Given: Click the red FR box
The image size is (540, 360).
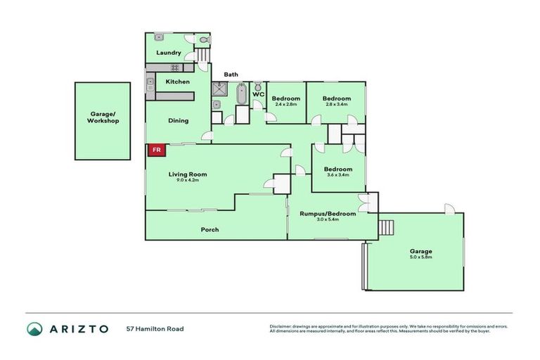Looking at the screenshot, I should pyautogui.click(x=156, y=150).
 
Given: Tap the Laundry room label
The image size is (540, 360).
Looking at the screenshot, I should pyautogui.click(x=169, y=53).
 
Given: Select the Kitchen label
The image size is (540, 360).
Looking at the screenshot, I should pyautogui.click(x=177, y=82).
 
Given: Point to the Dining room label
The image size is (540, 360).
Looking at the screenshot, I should pyautogui.click(x=178, y=120).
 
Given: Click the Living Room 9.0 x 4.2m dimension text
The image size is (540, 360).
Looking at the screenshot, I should pyautogui.click(x=187, y=180).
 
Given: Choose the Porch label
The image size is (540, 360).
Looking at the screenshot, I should pyautogui.click(x=210, y=229).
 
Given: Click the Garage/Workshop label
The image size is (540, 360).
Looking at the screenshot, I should pyautogui.click(x=103, y=117).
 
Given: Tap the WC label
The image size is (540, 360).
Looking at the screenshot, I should pyautogui.click(x=258, y=94).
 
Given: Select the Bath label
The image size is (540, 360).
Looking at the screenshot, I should pyautogui.click(x=231, y=75).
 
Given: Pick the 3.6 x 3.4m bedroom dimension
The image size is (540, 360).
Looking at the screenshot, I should pyautogui.click(x=338, y=175).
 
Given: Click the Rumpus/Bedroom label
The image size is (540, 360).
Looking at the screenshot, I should pyautogui.click(x=328, y=213).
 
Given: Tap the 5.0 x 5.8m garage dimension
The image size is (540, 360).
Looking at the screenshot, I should pyautogui.click(x=421, y=257).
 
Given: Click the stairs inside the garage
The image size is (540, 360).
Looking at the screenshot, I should pyautogui.click(x=385, y=228).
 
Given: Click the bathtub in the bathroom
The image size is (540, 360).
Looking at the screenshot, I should pyautogui.click(x=242, y=94).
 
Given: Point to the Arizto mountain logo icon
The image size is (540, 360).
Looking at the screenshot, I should pyautogui.click(x=35, y=328).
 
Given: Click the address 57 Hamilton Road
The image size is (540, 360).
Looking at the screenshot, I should pyautogui.click(x=155, y=328).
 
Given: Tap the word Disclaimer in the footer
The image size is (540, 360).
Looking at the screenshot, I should pyautogui.click(x=281, y=326).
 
